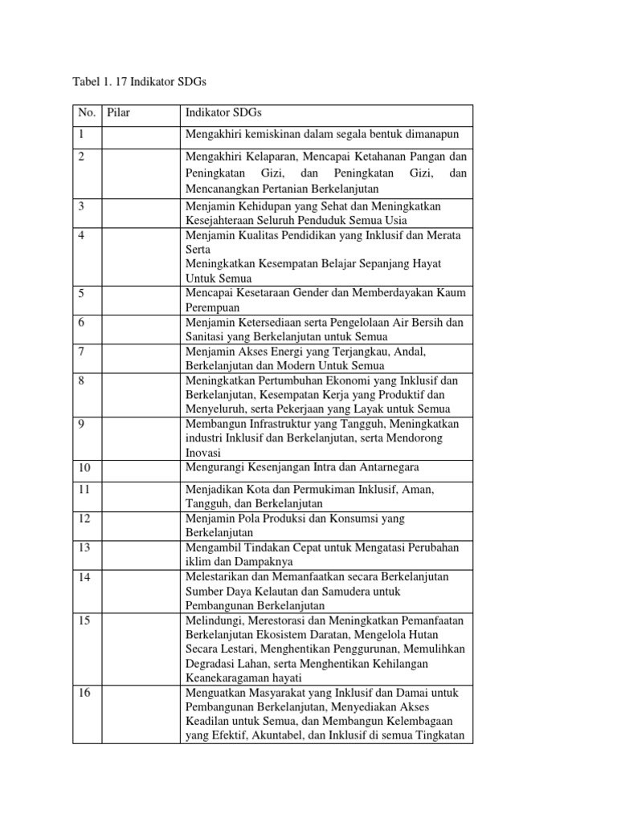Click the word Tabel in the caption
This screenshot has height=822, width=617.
click(x=87, y=83)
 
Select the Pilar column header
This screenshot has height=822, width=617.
click(x=118, y=113)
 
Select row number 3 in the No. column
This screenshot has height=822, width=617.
click(x=81, y=206)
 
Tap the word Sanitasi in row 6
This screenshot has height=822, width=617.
click(x=207, y=336)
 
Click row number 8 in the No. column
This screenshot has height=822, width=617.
click(x=81, y=380)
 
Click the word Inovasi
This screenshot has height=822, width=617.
click(x=204, y=453)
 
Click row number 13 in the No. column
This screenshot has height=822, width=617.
click(x=84, y=547)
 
